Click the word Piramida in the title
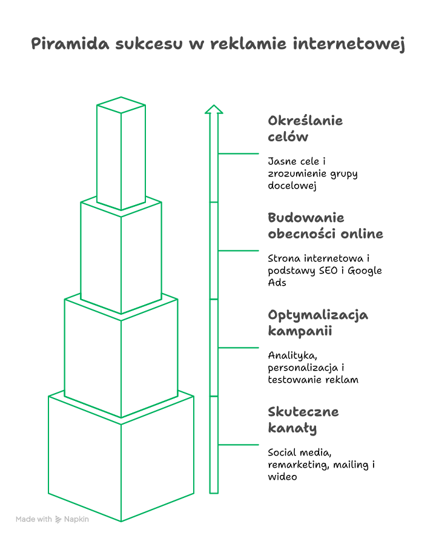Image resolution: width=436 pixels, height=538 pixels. pos(70,44)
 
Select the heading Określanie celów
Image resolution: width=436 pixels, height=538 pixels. pos(305,129)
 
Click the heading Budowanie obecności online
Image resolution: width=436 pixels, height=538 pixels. pos(325,226)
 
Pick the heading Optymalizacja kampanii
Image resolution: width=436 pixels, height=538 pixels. pos(318,323)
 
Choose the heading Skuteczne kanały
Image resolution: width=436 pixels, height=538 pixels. pos(303,420)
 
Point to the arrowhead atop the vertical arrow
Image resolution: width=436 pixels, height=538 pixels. pos(214,109)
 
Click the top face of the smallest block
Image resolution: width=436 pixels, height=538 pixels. pos(121,105)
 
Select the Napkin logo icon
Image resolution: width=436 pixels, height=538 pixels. pos(58,519)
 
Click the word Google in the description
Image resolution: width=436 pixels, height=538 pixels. pos(365,271)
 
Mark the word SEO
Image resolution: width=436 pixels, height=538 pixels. pos(328,271)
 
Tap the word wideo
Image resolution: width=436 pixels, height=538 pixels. pos(282,477)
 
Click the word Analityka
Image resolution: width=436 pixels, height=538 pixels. pos(292,355)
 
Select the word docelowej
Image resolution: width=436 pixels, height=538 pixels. pos(292,186)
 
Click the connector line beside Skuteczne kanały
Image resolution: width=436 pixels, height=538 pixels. pos(239,445)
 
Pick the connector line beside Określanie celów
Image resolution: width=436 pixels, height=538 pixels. pos(239,153)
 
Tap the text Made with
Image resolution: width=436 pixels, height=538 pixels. pos(33,519)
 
